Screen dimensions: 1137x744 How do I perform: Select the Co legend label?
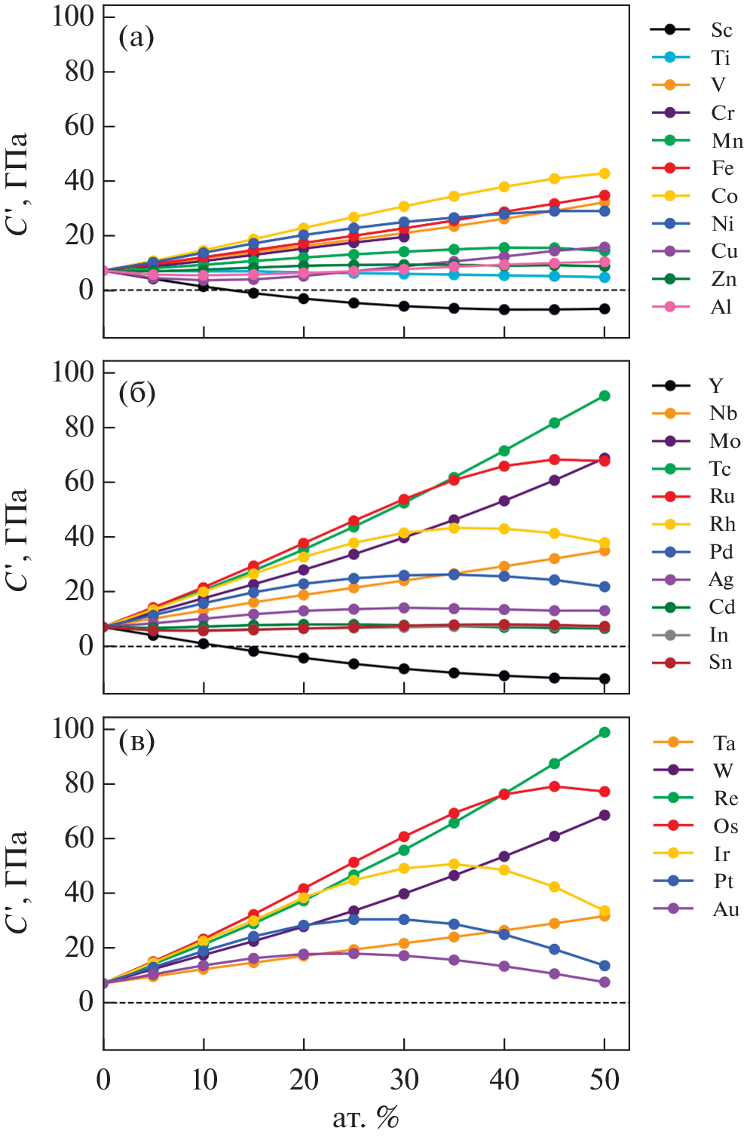tap(724, 196)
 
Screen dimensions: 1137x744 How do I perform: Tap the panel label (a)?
tap(136, 36)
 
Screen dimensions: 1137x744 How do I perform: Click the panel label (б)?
tap(137, 393)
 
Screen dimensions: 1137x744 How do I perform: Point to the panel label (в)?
tap(137, 742)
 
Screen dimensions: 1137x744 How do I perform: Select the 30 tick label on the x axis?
tap(404, 1080)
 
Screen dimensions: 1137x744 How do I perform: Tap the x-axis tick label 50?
tap(605, 1080)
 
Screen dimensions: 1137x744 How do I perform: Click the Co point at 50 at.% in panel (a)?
tap(605, 173)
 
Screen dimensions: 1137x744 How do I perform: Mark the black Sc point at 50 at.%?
tap(605, 308)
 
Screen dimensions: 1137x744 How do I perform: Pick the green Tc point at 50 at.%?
tap(605, 396)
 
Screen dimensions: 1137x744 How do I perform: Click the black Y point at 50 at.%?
tap(605, 679)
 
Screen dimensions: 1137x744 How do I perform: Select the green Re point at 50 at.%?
tap(605, 732)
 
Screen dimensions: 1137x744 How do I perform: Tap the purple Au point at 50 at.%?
tap(605, 982)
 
